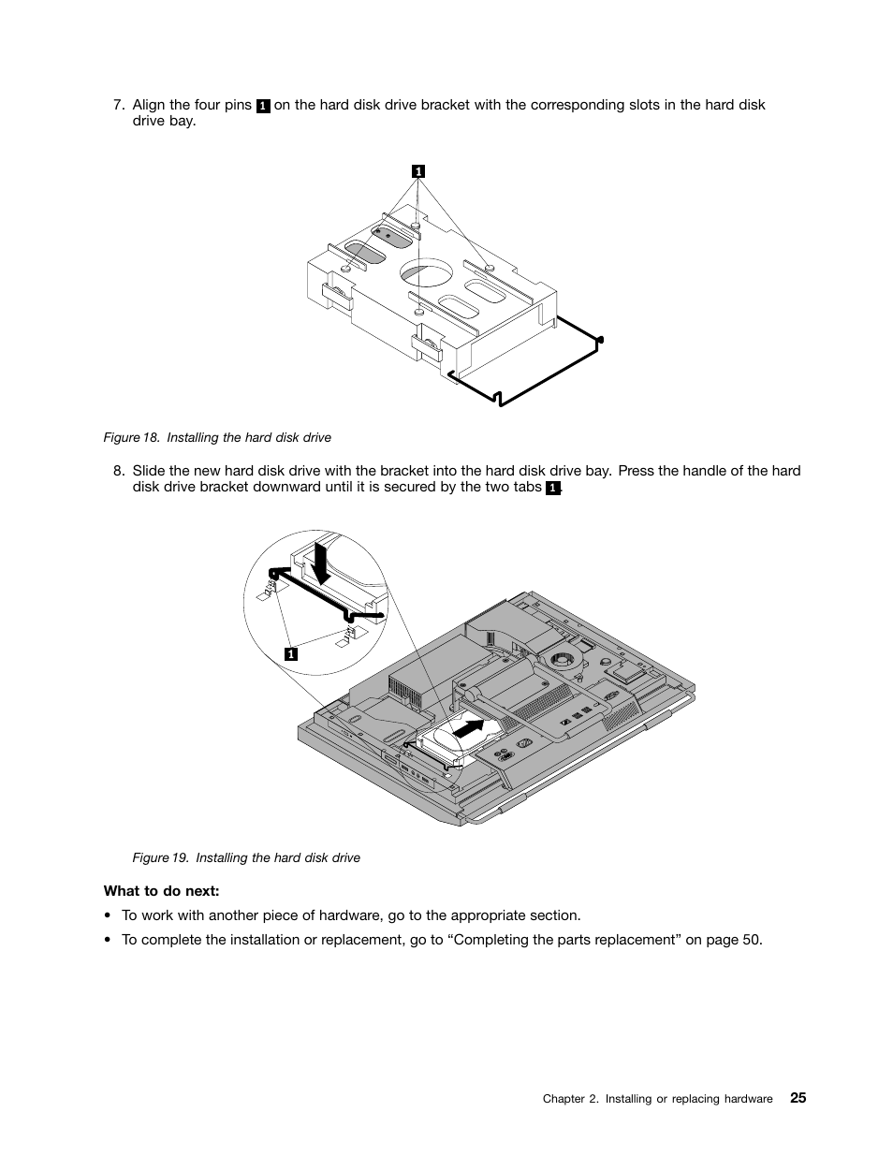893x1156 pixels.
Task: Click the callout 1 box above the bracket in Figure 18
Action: tap(418, 170)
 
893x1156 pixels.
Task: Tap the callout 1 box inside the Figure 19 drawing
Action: tap(291, 653)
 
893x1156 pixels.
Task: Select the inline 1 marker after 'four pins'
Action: tap(263, 106)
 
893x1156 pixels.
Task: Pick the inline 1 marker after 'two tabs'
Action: tap(552, 489)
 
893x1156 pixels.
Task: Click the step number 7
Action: tap(118, 105)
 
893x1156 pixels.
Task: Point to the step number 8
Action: tap(118, 471)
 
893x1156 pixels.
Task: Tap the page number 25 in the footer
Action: tap(797, 1098)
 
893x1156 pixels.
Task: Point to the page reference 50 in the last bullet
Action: tap(751, 940)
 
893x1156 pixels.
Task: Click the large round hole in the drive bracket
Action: tap(426, 272)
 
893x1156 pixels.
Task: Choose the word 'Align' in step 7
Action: tap(149, 105)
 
